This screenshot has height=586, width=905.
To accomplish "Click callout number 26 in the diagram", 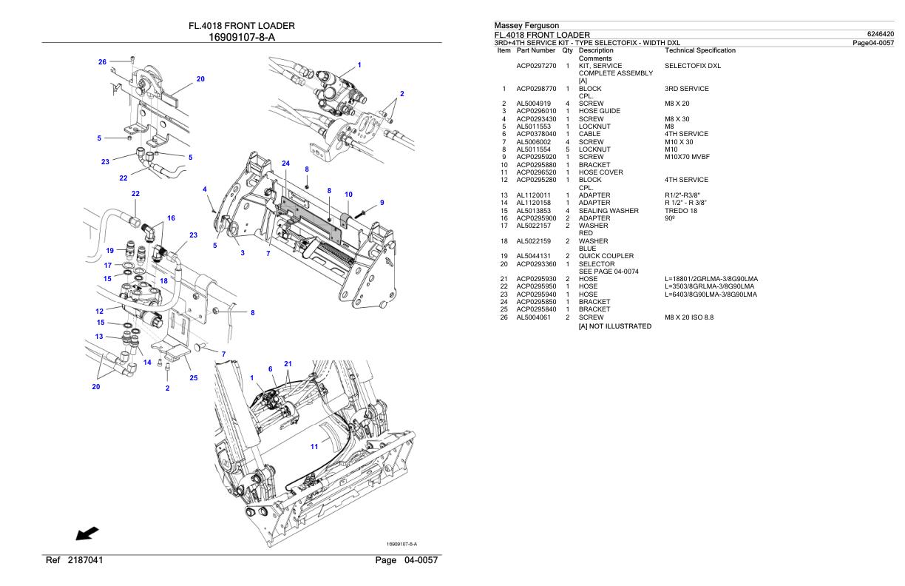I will pos(103,61).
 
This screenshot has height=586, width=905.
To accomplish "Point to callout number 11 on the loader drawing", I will pos(314,446).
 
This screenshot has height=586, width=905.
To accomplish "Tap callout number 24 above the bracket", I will pos(285,163).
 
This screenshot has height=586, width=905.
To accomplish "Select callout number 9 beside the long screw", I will pos(382,202).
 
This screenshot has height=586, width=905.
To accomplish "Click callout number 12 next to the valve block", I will pos(100,311).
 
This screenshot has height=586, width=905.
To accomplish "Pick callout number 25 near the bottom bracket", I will pos(193,378).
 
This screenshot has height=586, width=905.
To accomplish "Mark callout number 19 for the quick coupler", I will pos(109,250).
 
